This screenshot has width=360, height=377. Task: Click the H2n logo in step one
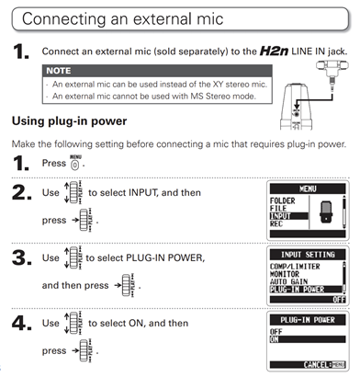274,51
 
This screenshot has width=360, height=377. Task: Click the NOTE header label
59,71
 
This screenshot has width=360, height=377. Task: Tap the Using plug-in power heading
69,121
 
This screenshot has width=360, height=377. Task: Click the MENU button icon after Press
75,163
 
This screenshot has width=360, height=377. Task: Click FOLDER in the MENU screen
282,200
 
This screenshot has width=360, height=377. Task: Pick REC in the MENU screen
276,223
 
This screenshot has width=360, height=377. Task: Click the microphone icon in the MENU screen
327,212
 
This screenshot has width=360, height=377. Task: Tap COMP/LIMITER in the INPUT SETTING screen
295,267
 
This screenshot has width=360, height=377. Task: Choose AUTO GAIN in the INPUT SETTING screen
288,281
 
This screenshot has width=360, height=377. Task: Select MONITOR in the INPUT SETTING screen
285,274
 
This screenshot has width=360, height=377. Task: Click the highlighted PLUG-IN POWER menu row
306,289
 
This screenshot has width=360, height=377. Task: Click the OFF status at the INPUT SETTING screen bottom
339,300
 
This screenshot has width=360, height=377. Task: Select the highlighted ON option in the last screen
308,339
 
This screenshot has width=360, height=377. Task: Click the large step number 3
22,257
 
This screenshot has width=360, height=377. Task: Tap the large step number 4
22,323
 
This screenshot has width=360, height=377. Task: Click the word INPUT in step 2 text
143,193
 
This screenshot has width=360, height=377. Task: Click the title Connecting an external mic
122,19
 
